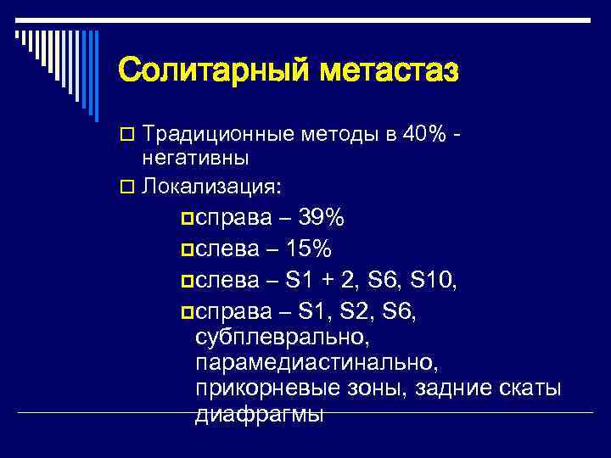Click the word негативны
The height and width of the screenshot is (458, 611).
(x=194, y=158)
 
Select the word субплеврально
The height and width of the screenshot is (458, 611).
(x=282, y=338)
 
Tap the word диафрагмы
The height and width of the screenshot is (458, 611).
(x=260, y=416)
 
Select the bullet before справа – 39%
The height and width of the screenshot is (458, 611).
(x=187, y=221)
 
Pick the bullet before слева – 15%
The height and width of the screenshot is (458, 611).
(x=187, y=251)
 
